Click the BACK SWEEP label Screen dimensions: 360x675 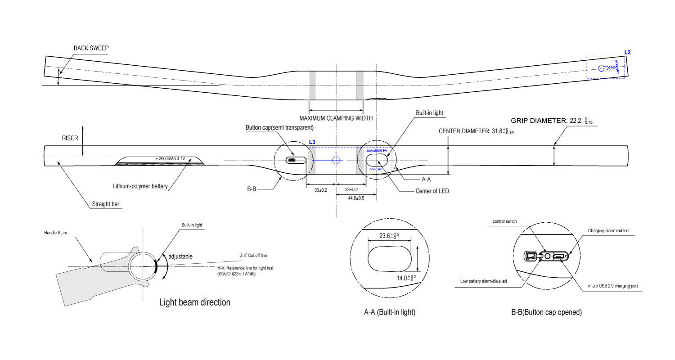91,48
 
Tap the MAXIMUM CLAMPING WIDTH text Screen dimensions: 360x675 336,118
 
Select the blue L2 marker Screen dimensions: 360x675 627,52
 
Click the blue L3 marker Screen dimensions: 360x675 312,142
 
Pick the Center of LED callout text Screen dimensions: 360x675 432,191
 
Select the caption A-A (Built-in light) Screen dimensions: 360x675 390,312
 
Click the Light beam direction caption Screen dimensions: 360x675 195,302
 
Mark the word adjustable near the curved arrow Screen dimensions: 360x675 180,256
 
